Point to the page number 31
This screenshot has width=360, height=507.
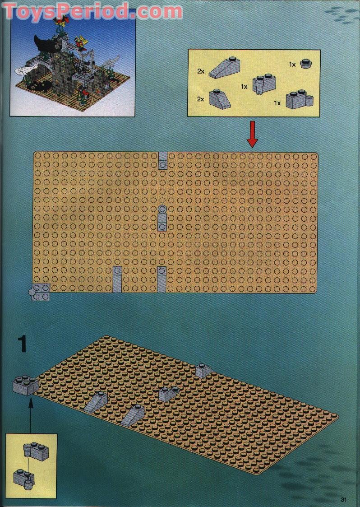point(345,499)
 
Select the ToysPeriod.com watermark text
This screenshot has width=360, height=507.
point(92,11)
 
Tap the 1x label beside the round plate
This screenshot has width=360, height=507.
point(292,65)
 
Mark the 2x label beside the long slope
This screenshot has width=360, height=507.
point(202,71)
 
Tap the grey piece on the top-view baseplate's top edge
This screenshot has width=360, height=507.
point(162,160)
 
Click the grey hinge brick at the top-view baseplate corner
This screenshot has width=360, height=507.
point(39,293)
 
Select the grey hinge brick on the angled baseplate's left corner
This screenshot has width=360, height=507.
point(26,385)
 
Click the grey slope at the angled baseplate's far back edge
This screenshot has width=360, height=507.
point(204,371)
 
